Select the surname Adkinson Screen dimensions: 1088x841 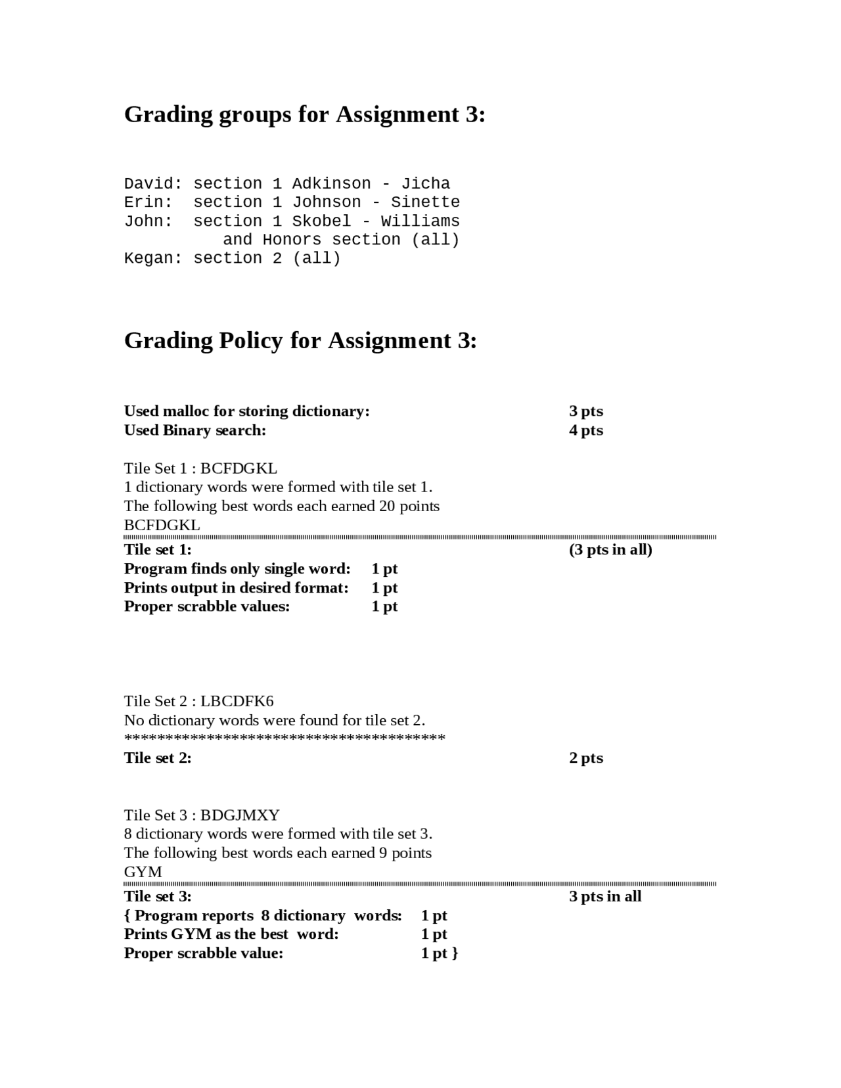click(x=331, y=183)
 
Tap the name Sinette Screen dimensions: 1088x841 click(x=425, y=202)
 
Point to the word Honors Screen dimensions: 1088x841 click(x=292, y=240)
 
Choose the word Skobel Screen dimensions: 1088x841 click(x=321, y=221)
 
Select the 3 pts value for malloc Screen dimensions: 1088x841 click(x=585, y=411)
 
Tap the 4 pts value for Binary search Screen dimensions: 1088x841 click(x=585, y=430)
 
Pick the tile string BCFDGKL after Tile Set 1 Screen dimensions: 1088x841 click(x=239, y=468)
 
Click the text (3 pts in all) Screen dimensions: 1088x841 click(x=610, y=550)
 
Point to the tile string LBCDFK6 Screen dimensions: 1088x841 click(x=237, y=701)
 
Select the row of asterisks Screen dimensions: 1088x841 click(x=284, y=738)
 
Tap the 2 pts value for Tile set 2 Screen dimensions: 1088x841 click(x=585, y=758)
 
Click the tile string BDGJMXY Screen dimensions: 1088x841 click(x=240, y=815)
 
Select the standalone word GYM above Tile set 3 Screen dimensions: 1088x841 click(x=143, y=872)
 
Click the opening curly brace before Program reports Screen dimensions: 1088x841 click(x=127, y=916)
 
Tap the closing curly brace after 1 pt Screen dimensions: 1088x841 click(x=455, y=953)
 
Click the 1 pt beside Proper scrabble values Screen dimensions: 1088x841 click(x=384, y=606)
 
